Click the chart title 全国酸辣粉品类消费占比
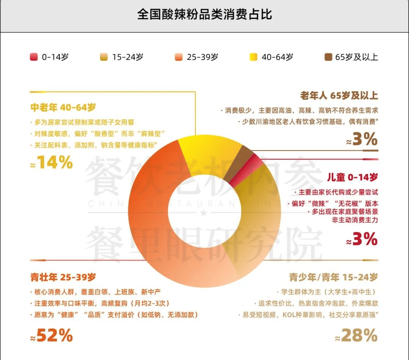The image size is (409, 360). point(204,15)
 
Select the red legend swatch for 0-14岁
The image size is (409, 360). point(34,57)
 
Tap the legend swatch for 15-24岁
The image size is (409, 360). point(103,57)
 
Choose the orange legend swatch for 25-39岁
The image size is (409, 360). point(178,57)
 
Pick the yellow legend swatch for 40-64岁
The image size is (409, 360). point(253,57)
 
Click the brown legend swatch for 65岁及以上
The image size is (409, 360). point(328,57)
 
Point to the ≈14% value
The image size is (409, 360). point(52,163)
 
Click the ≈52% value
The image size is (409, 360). point(52,335)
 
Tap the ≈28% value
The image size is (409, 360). point(356,335)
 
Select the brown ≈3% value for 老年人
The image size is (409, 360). point(362,140)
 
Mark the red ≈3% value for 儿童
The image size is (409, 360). point(362,239)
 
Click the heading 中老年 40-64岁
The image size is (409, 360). point(63,108)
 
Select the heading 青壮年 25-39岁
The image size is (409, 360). point(63,277)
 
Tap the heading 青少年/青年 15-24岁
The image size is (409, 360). point(334,277)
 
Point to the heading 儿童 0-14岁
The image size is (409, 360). point(352,177)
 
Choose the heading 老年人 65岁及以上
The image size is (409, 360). point(339,95)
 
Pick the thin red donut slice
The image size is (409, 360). point(247,171)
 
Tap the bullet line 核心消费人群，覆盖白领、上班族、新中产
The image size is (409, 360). point(97,292)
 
